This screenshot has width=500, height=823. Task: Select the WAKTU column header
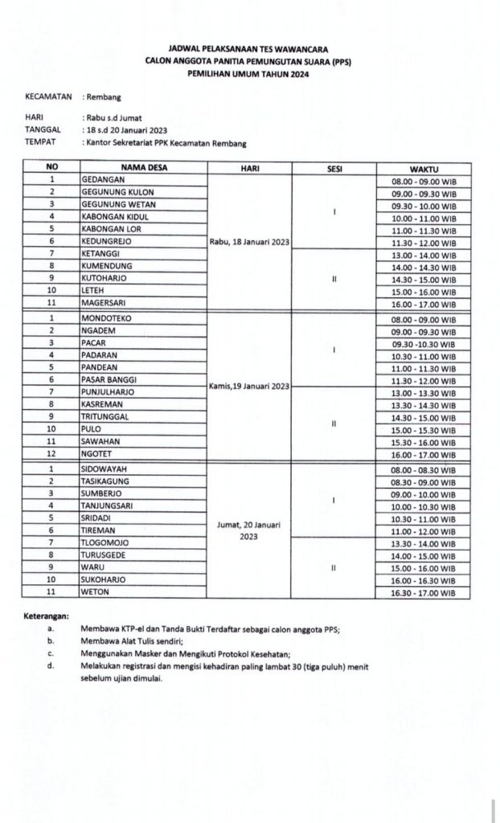[423, 168]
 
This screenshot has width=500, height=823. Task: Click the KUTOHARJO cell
[104, 277]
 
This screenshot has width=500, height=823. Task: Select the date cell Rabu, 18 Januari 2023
[249, 241]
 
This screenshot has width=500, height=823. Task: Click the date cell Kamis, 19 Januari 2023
[249, 387]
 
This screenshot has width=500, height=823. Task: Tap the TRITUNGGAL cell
[106, 416]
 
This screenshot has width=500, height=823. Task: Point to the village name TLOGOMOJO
[105, 543]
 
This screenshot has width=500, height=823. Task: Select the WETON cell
[95, 592]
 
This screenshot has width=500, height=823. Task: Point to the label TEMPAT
[41, 143]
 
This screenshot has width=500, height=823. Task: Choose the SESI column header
[333, 168]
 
